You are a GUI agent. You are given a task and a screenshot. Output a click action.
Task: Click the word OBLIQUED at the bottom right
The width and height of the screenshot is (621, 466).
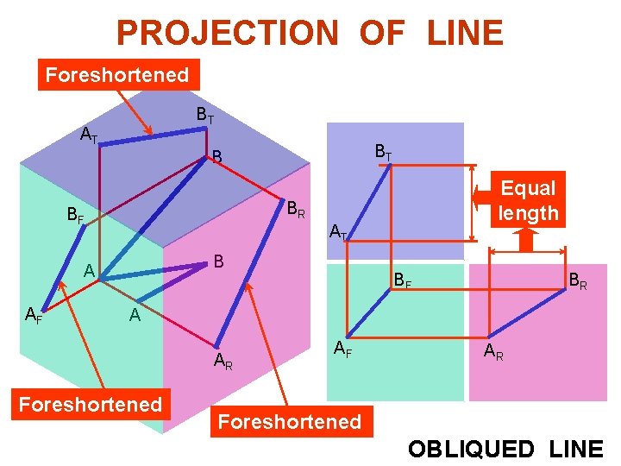pyautogui.click(x=471, y=449)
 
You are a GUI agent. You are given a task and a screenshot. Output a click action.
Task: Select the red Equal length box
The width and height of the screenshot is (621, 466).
pyautogui.click(x=529, y=200)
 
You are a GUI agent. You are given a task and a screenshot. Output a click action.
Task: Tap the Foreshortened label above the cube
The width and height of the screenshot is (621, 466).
pyautogui.click(x=117, y=75)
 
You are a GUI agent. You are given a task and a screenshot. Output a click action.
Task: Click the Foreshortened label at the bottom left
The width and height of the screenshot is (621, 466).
pyautogui.click(x=91, y=404)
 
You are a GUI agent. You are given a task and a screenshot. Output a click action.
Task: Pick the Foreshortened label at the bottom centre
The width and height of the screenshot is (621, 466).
pyautogui.click(x=289, y=421)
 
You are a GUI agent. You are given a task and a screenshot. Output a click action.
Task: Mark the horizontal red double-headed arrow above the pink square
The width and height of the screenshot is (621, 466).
pyautogui.click(x=528, y=251)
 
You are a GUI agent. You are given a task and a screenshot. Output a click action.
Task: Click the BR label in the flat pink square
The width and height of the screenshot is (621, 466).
pyautogui.click(x=577, y=280)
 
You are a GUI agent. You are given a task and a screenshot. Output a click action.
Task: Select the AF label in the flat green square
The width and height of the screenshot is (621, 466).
pyautogui.click(x=342, y=349)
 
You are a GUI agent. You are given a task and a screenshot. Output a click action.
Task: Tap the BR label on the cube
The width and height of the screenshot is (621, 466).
pyautogui.click(x=296, y=209)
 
